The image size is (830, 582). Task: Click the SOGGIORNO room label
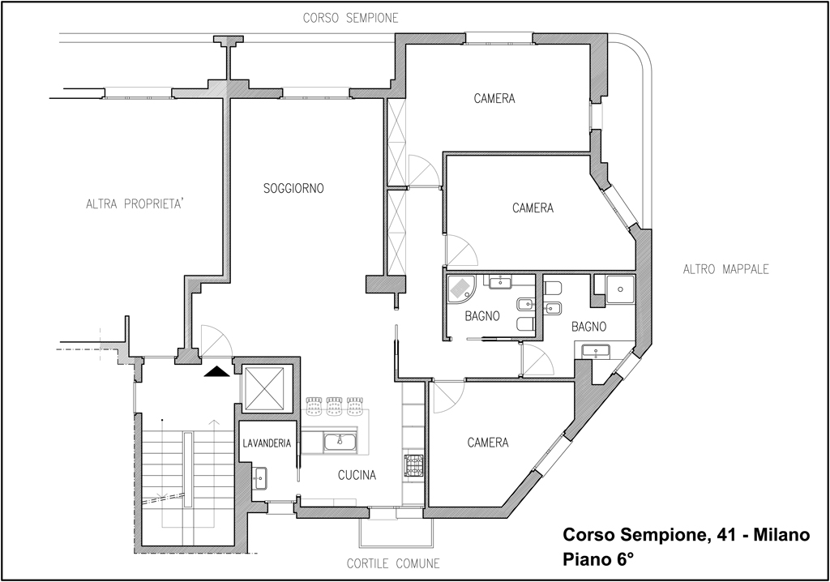(293, 189)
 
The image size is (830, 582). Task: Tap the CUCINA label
(357, 476)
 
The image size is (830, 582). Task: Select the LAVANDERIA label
(267, 443)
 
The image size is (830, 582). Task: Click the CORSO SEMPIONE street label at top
(350, 19)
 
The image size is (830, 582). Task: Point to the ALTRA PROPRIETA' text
(135, 204)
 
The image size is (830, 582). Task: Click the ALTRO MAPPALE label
(725, 270)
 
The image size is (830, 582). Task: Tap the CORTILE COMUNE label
(393, 563)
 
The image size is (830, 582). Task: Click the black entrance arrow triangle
(216, 372)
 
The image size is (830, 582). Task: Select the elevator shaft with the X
(263, 387)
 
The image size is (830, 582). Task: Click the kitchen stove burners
(413, 465)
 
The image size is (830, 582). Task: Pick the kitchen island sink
(340, 443)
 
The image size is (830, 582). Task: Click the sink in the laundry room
(259, 478)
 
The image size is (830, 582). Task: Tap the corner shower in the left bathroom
(461, 288)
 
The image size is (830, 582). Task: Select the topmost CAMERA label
(494, 99)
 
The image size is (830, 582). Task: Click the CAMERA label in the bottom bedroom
(488, 443)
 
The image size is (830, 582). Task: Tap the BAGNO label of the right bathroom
(588, 327)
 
